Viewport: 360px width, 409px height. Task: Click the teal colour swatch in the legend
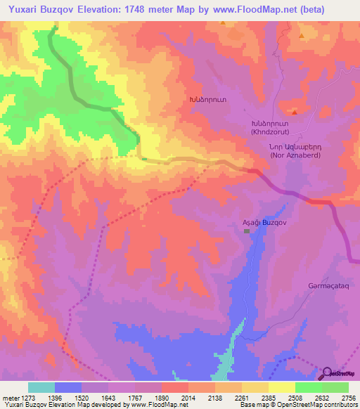point(41,387)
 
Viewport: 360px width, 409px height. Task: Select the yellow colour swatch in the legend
point(281,387)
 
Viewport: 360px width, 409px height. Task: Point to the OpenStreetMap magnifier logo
point(327,373)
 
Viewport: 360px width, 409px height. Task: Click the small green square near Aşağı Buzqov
point(247,232)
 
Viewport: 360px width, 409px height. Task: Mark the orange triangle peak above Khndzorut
point(295,112)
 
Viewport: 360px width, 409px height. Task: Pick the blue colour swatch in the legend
point(67,387)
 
